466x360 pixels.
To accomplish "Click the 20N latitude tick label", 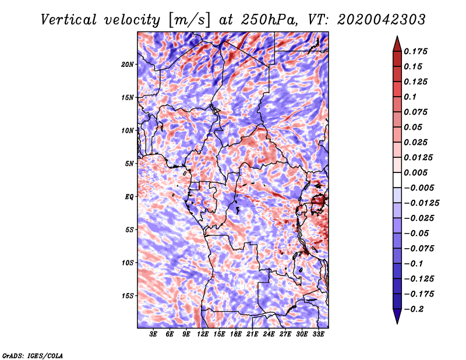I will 128,64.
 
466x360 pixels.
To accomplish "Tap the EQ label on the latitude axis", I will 129,197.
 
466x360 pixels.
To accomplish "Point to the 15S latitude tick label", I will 128,296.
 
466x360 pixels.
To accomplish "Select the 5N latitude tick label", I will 129,164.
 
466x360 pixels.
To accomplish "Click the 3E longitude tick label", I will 154,335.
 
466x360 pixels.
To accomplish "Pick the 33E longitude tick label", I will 319,335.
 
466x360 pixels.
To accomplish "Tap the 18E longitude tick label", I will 236,335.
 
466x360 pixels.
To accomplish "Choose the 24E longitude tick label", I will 269,335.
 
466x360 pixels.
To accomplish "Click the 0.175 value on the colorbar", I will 416,51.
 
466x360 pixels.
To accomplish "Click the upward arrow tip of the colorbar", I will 396,38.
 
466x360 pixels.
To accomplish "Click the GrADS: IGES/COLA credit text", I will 32,355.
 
